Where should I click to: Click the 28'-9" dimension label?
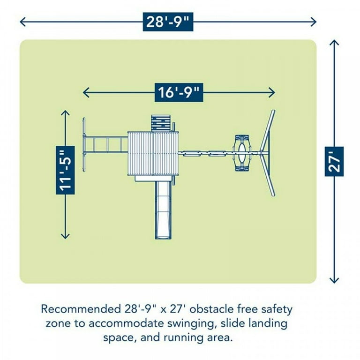coord(168,22)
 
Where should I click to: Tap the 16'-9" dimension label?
coord(179,92)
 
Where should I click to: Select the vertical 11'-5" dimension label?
coord(65,170)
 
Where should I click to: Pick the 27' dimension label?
coord(334,161)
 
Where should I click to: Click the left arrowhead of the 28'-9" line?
coord(22,22)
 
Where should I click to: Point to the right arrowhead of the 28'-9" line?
coord(314,22)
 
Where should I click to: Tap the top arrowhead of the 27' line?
coord(334,43)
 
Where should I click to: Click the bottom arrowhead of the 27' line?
coord(334,280)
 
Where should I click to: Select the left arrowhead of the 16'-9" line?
coord(86,92)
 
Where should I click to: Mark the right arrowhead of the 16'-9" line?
coord(272,92)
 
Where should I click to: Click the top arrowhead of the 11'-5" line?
coord(65,113)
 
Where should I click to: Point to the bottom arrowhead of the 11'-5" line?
coord(65,236)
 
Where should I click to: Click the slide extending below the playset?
coord(164,210)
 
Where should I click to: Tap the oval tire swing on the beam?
coord(241,153)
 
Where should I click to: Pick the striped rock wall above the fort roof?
coord(161,123)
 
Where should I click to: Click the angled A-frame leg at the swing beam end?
coord(268,153)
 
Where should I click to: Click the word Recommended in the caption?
coord(81,309)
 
